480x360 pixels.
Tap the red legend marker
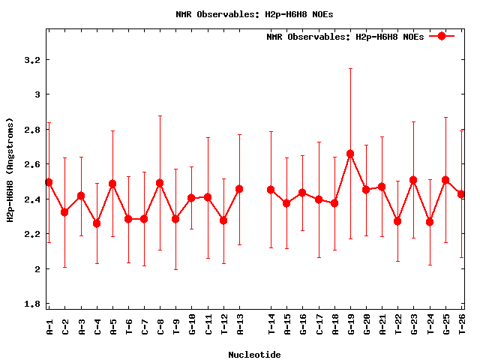pyautogui.click(x=442, y=36)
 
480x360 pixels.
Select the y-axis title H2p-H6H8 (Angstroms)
pyautogui.click(x=10, y=169)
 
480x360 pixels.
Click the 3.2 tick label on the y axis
pyautogui.click(x=33, y=60)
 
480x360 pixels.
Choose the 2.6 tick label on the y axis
pyautogui.click(x=33, y=164)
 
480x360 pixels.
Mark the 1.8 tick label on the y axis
pyautogui.click(x=33, y=304)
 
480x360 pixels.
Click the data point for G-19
pyautogui.click(x=350, y=154)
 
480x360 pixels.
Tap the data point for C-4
pyautogui.click(x=97, y=223)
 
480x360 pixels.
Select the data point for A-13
pyautogui.click(x=239, y=189)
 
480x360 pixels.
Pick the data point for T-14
pyautogui.click(x=271, y=190)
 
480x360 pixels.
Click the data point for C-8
pyautogui.click(x=160, y=183)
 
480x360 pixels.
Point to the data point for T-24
pyautogui.click(x=430, y=222)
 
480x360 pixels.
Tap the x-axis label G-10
pyautogui.click(x=192, y=327)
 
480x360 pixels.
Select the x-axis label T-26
pyautogui.click(x=462, y=327)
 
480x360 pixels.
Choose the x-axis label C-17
pyautogui.click(x=319, y=327)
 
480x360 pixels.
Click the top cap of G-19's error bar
pyautogui.click(x=350, y=69)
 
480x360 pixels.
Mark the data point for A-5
pyautogui.click(x=112, y=184)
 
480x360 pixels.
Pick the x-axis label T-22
pyautogui.click(x=398, y=327)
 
